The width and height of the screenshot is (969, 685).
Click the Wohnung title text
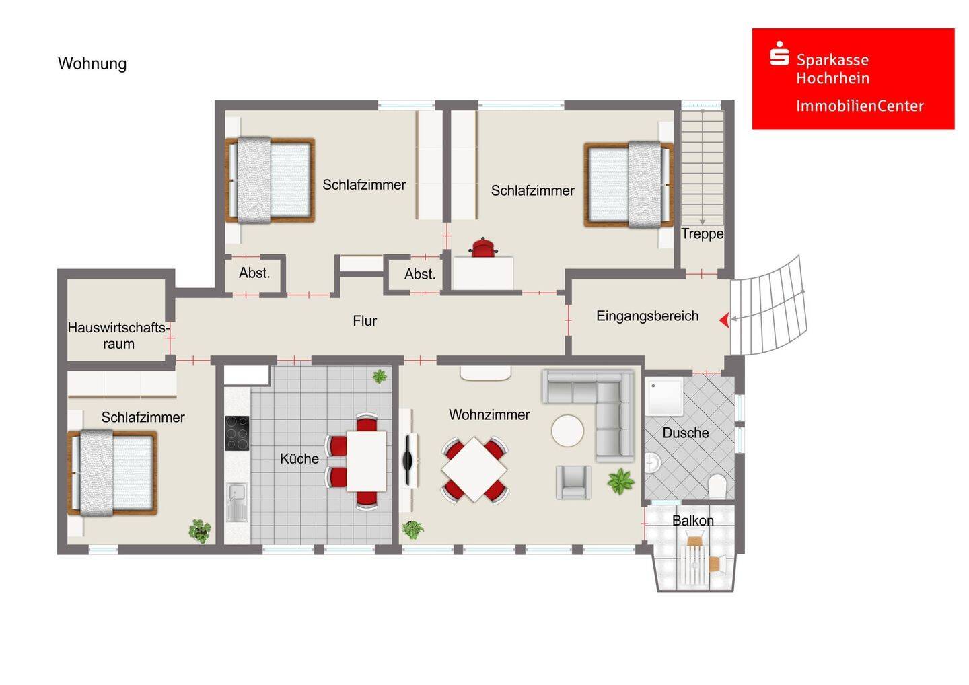[x=92, y=63]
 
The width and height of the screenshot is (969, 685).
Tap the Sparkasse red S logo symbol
[x=779, y=54]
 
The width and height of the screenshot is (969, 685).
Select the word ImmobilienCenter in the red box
[x=860, y=106]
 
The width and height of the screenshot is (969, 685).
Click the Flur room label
[x=365, y=321]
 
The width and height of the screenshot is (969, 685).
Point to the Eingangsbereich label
[x=647, y=316]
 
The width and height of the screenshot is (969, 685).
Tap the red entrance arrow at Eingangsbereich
[x=724, y=320]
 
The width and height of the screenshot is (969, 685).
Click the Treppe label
[x=702, y=234]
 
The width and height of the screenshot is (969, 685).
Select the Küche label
[x=299, y=458]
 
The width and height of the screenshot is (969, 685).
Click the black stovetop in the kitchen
[x=237, y=433]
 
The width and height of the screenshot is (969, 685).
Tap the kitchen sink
[x=237, y=502]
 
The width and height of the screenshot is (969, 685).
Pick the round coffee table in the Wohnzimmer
[x=567, y=431]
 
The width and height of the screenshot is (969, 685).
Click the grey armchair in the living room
[x=573, y=482]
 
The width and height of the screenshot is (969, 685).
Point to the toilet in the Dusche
[x=717, y=486]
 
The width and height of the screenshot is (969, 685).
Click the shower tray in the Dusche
[x=664, y=396]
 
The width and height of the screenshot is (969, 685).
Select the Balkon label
[x=692, y=521]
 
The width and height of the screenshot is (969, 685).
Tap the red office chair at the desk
[x=483, y=248]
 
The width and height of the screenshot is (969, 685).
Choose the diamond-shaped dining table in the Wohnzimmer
[x=474, y=470]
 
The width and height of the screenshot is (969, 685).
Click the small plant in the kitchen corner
[x=380, y=376]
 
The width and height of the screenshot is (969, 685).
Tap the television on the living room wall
[x=408, y=460]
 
